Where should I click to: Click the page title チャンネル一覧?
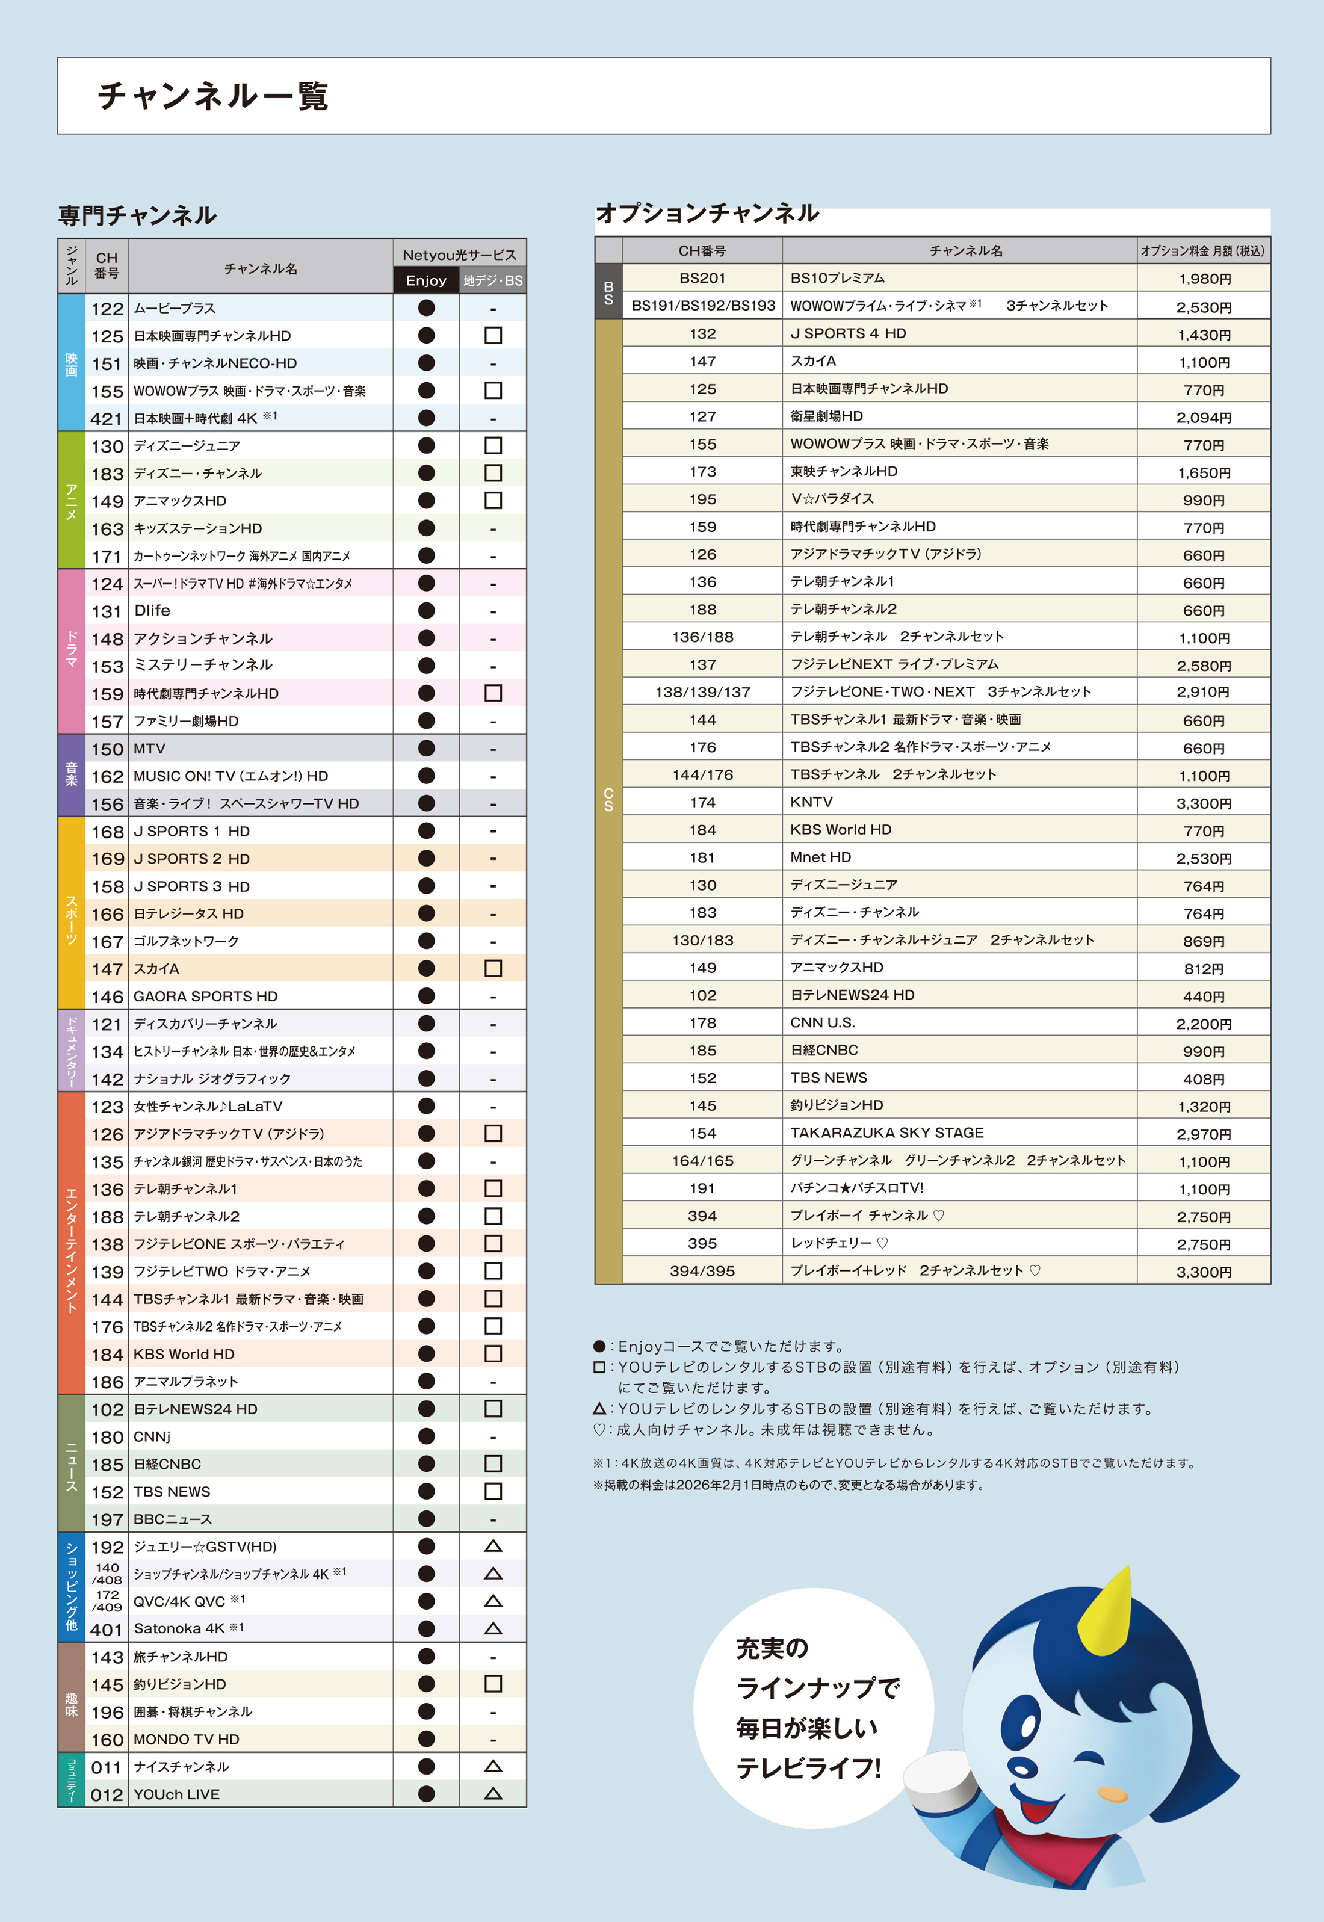213,96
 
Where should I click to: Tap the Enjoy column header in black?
425,280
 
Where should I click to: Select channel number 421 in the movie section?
106,419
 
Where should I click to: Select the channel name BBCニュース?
173,1519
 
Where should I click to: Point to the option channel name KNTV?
811,802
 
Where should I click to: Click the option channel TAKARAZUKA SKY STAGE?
887,1133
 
